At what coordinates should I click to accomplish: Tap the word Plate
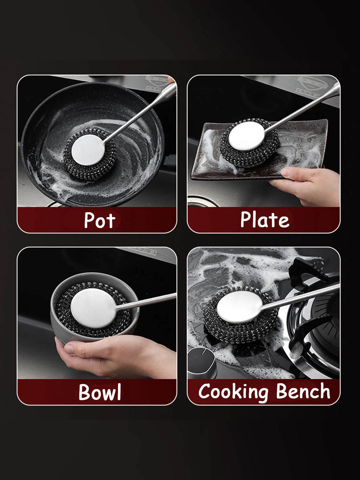pyautogui.click(x=265, y=219)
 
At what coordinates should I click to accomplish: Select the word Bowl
pyautogui.click(x=100, y=392)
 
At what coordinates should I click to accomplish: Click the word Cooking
pyautogui.click(x=233, y=392)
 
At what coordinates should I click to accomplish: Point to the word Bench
pyautogui.click(x=303, y=391)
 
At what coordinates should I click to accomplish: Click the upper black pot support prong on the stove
pyautogui.click(x=306, y=269)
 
